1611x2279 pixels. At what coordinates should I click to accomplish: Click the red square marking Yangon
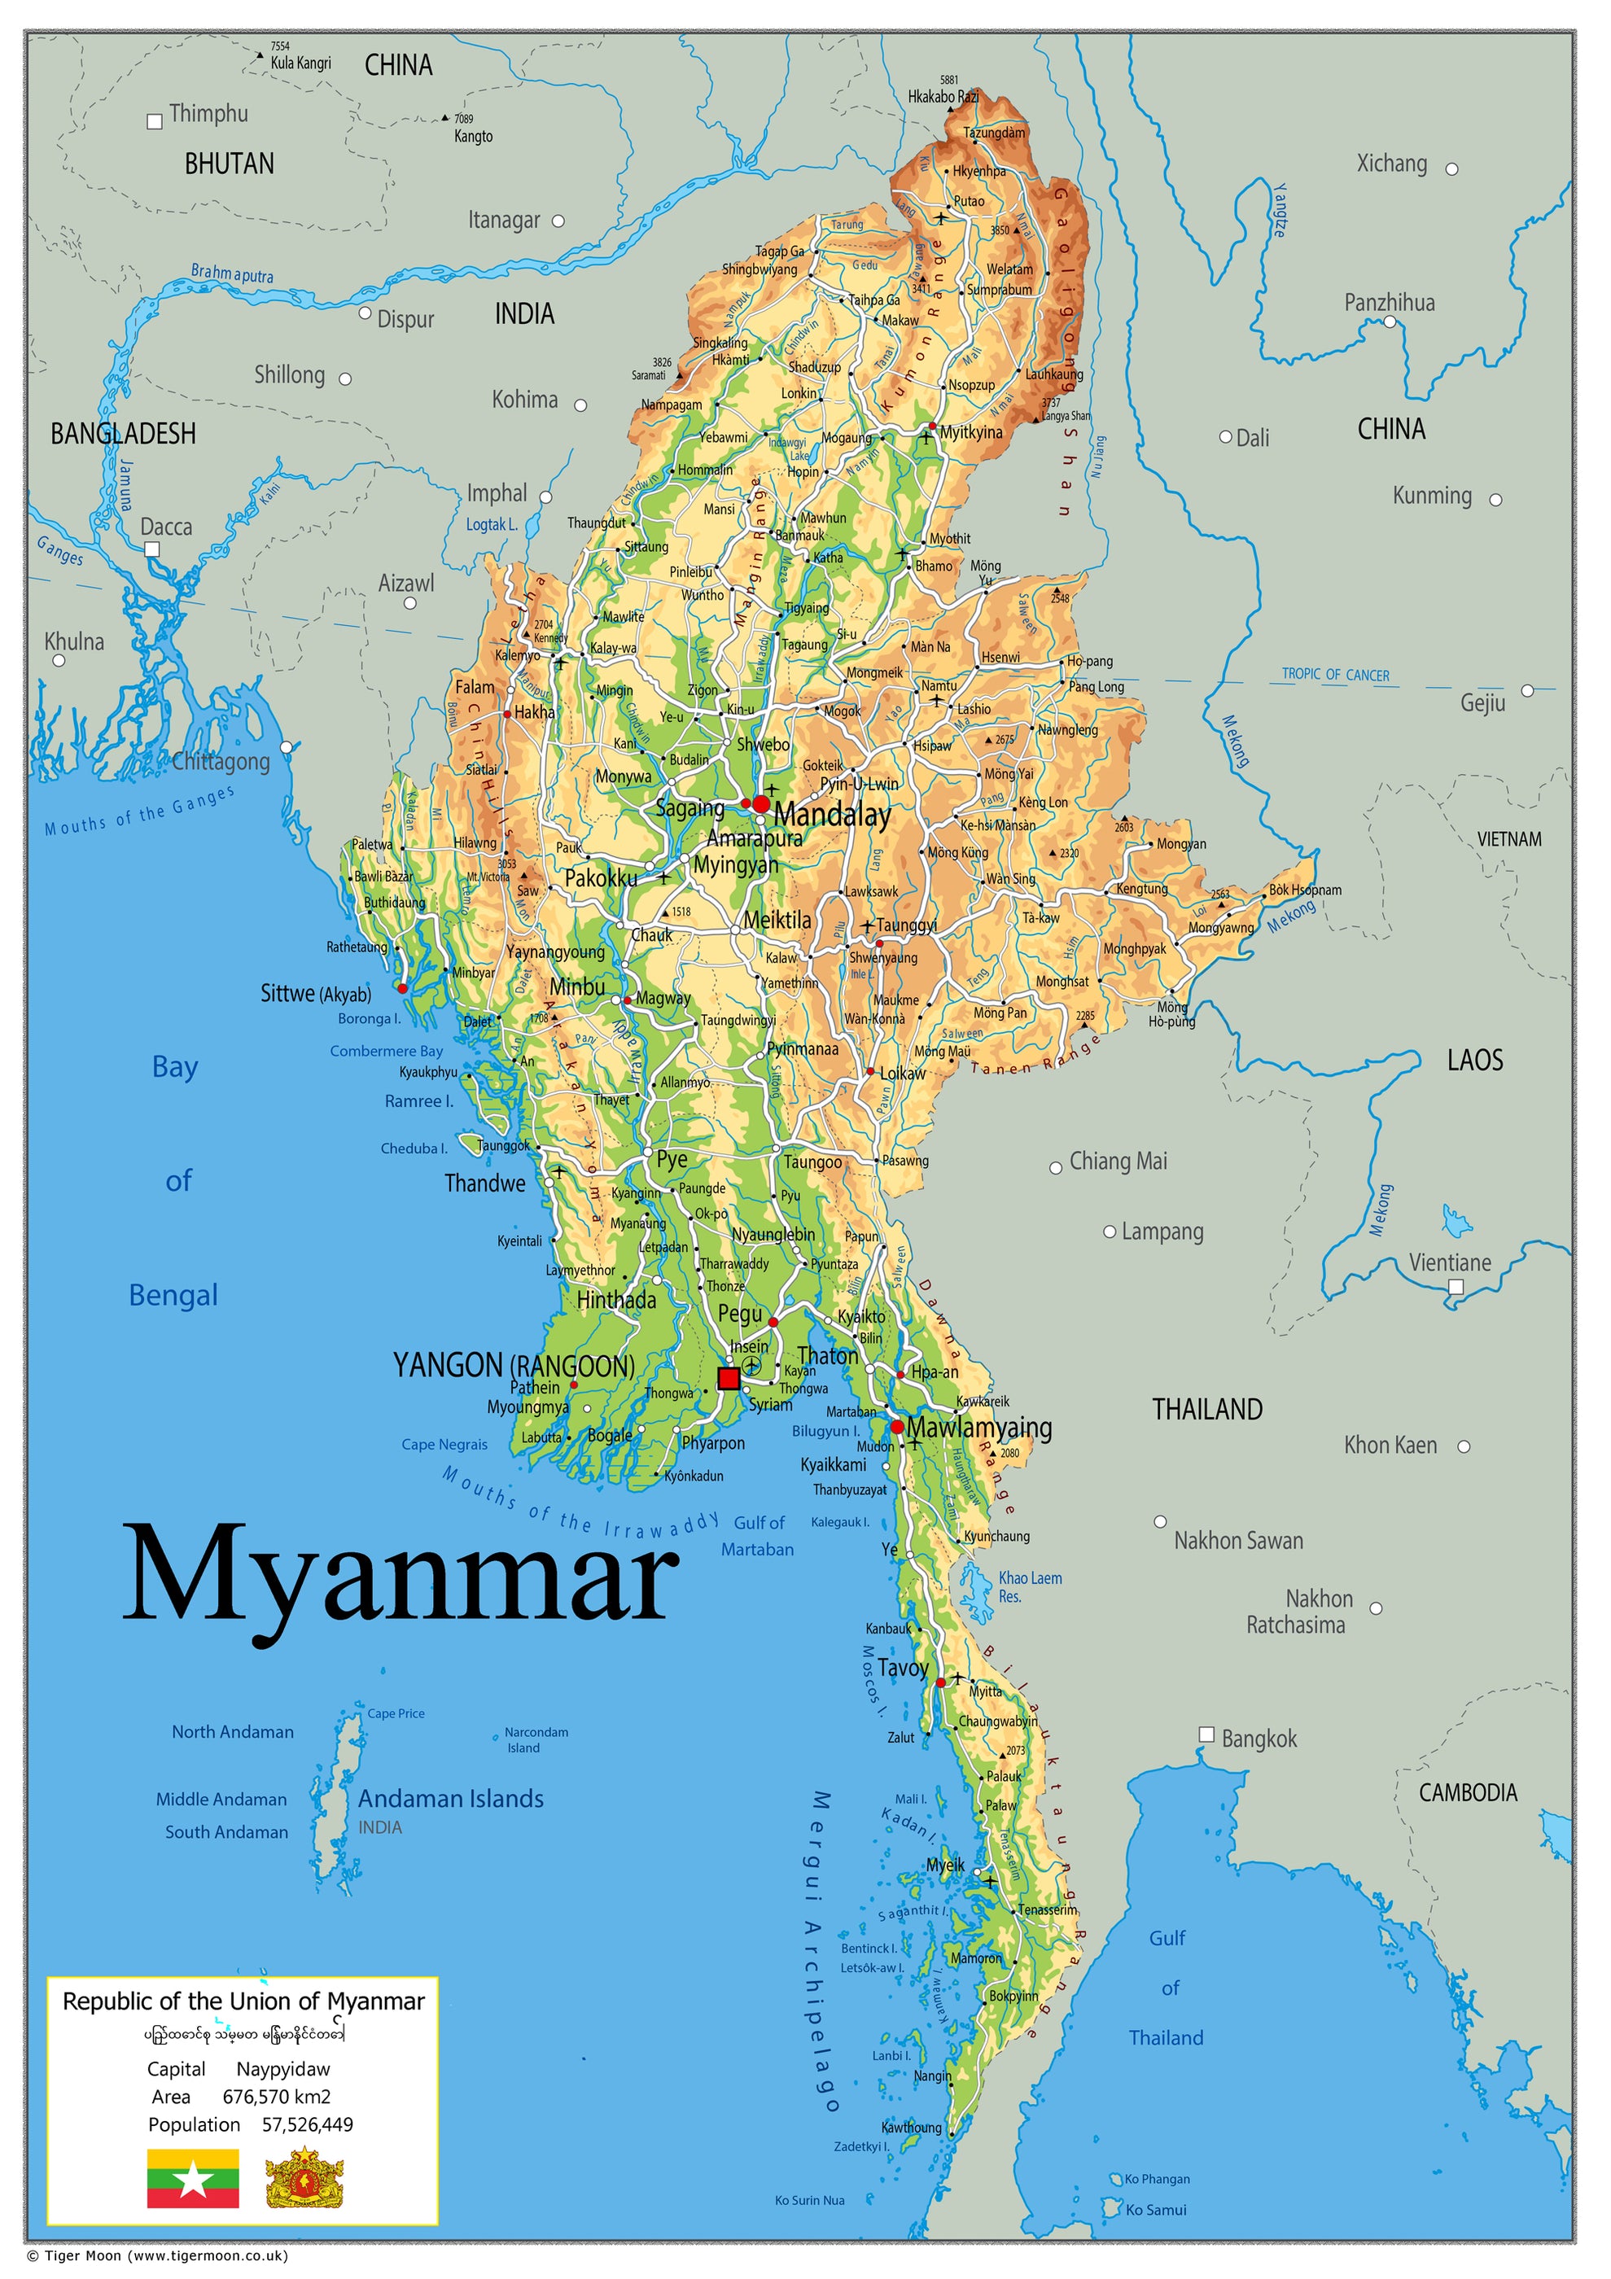coord(729,1378)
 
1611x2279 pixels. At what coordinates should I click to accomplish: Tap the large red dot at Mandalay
coord(761,803)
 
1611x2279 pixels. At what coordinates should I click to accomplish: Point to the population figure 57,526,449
coord(307,2124)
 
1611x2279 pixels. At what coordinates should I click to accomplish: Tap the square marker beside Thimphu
coord(155,122)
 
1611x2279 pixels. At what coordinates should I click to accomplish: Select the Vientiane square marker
coord(1456,1286)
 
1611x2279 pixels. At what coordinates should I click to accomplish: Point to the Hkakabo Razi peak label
coord(942,96)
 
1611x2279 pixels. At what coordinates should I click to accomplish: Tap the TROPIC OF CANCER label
coord(1335,674)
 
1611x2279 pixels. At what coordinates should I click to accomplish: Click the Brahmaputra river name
coord(231,273)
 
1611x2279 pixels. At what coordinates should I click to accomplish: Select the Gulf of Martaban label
coord(759,1536)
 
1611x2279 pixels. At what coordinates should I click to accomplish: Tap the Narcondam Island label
coord(536,1739)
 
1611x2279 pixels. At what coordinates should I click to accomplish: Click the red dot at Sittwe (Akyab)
coord(402,989)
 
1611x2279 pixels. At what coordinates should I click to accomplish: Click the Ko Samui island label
coord(1155,2210)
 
